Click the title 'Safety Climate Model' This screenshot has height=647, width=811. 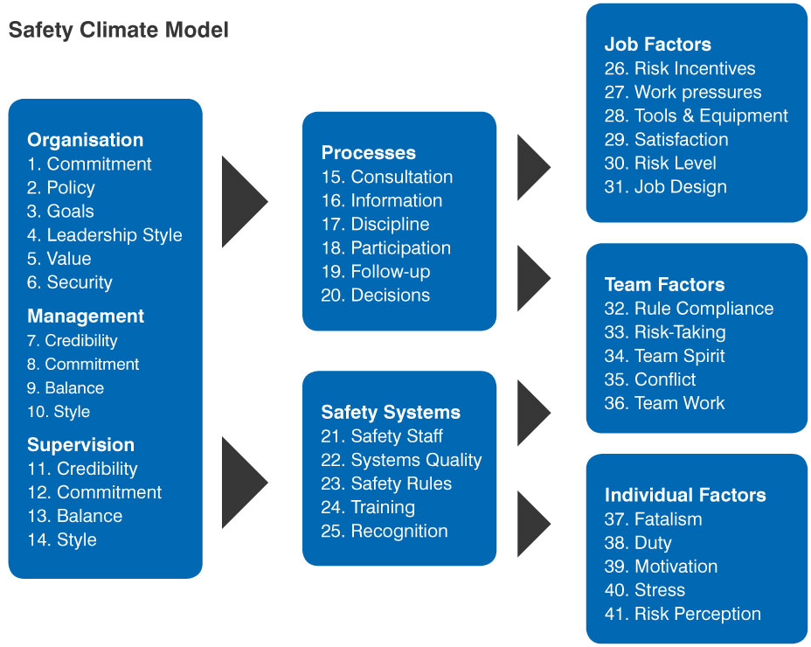click(119, 30)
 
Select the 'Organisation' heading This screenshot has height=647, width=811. click(86, 140)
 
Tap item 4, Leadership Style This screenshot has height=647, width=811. click(105, 235)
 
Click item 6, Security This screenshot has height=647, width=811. click(70, 282)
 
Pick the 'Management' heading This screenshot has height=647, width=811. click(86, 317)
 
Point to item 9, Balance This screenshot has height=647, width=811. click(66, 387)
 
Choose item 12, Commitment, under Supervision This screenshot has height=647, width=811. click(94, 492)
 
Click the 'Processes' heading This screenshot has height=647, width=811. click(368, 153)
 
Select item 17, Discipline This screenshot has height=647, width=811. click(376, 224)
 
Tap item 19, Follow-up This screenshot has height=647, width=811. click(376, 272)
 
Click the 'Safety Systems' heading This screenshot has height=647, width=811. click(391, 413)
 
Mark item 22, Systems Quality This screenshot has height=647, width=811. click(401, 460)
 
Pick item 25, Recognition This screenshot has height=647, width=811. click(385, 531)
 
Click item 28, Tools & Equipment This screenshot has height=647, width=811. click(697, 115)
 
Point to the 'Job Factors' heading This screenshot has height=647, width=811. click(658, 45)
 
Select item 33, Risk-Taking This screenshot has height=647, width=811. click(665, 332)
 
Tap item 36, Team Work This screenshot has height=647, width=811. click(665, 403)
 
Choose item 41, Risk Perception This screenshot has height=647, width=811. click(683, 614)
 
